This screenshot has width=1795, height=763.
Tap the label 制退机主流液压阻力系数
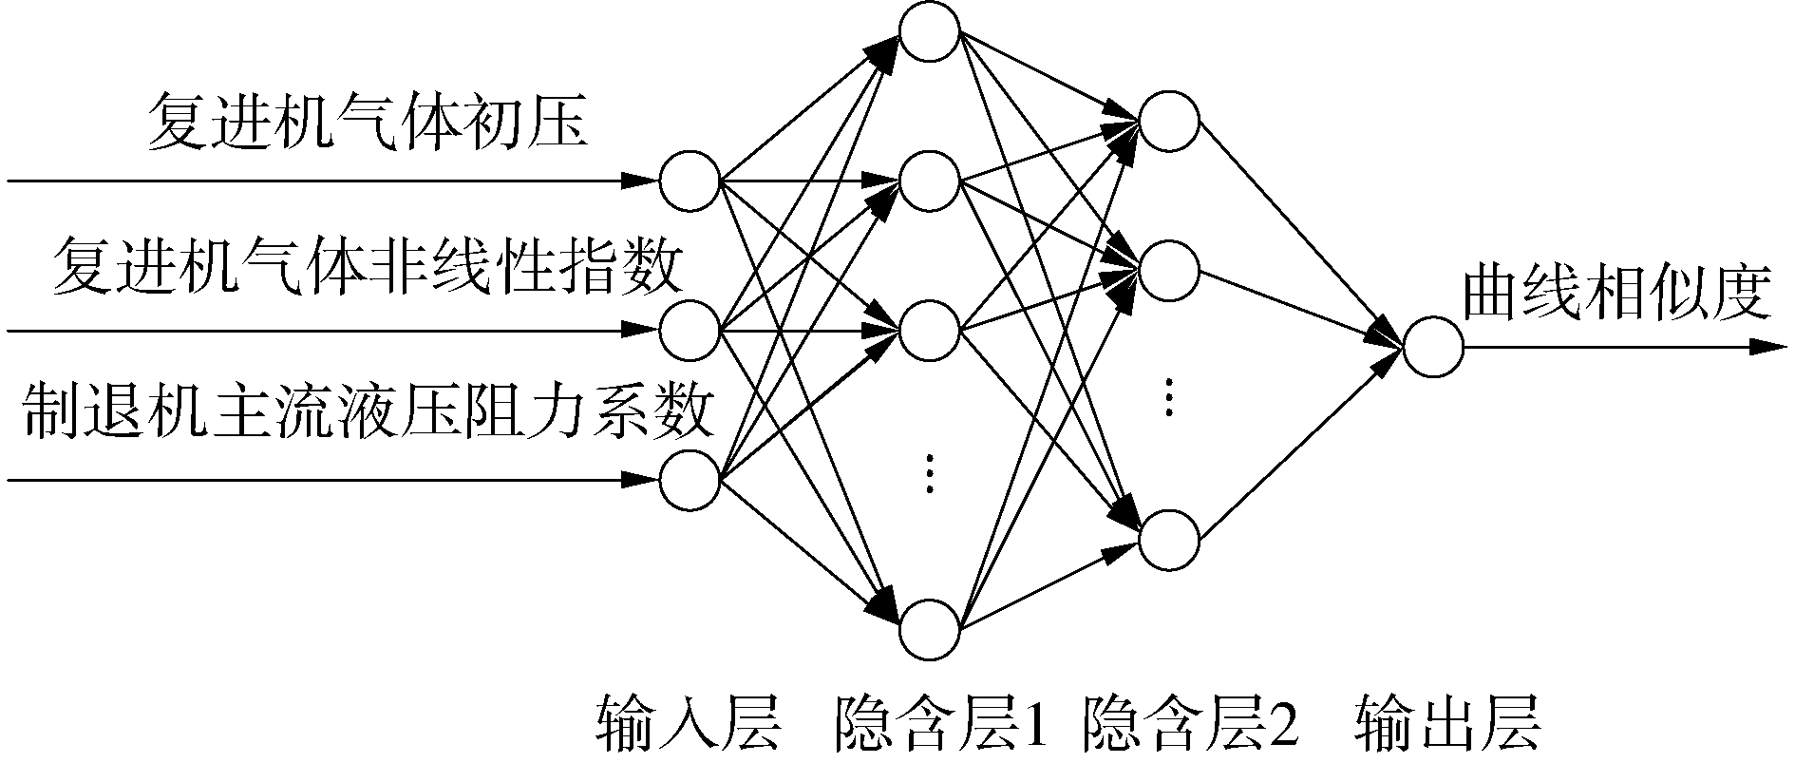click(x=368, y=410)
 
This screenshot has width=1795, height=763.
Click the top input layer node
click(x=690, y=180)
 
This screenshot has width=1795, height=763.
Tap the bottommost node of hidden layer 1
click(x=930, y=629)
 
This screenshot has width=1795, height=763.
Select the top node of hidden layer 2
click(x=1169, y=122)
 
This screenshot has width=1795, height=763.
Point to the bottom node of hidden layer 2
click(x=1169, y=540)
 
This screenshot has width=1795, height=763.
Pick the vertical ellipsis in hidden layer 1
click(x=931, y=472)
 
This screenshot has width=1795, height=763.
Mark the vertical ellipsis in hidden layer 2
click(x=1169, y=396)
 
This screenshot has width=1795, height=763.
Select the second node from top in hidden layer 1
click(x=930, y=180)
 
